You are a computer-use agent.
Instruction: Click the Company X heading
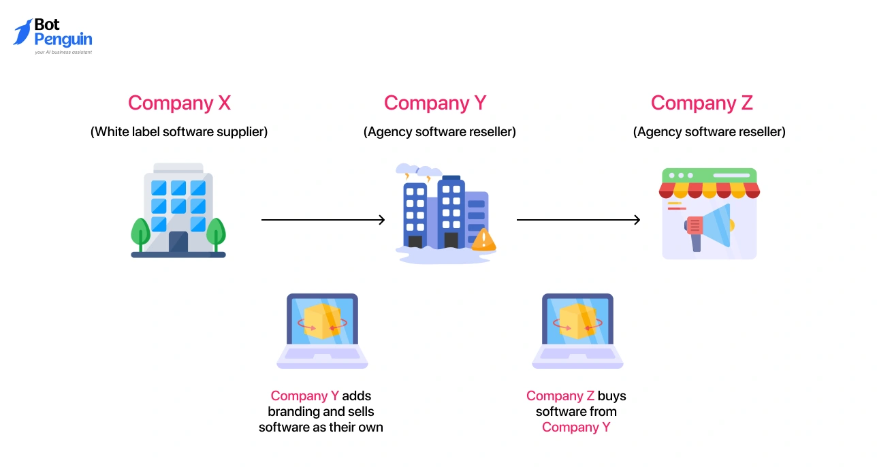(179, 103)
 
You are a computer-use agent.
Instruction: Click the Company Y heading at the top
(435, 103)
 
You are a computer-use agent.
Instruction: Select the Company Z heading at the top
(701, 103)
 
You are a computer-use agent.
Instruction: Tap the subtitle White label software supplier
(179, 132)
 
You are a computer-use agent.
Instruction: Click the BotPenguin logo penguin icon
(22, 32)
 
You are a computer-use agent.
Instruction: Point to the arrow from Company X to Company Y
(323, 220)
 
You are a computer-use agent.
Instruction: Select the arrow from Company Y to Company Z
(578, 220)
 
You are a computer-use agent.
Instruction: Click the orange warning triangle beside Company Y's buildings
(483, 240)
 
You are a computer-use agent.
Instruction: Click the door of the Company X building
(178, 242)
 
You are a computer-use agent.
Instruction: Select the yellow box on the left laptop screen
(322, 321)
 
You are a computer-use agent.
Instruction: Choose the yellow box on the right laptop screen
(577, 321)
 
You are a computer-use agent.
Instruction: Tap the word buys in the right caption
(611, 396)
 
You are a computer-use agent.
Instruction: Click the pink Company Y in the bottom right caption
(576, 428)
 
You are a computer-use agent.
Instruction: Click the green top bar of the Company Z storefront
(709, 175)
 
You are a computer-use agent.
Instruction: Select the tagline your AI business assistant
(63, 52)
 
